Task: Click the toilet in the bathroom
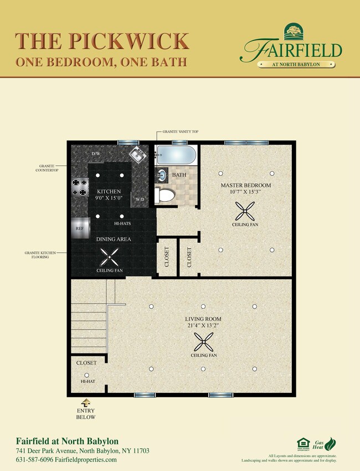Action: (165, 194)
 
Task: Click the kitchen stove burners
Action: (79, 187)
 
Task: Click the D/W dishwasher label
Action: (96, 153)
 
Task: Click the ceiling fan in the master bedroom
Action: (245, 211)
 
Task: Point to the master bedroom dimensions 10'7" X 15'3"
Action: (245, 192)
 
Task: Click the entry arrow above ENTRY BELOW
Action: (86, 403)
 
